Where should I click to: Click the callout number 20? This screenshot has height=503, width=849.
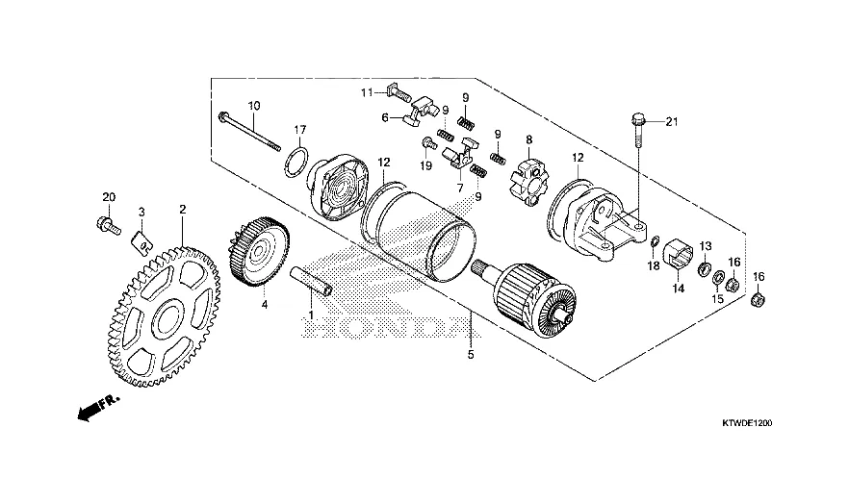[109, 197]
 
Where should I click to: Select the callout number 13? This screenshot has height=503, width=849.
[706, 245]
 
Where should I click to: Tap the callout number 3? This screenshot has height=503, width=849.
[141, 211]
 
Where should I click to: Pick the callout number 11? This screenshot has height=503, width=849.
[366, 92]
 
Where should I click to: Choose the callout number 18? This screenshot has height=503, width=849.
[654, 265]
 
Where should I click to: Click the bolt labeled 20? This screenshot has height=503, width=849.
[109, 227]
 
